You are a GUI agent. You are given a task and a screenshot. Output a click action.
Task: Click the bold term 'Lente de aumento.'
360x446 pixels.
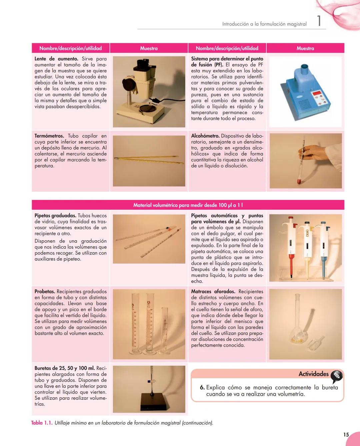coord(56,59)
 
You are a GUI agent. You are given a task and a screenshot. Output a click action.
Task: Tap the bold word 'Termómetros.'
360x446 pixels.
coord(49,136)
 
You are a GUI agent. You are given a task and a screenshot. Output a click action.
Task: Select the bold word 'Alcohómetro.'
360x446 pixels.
coord(205,136)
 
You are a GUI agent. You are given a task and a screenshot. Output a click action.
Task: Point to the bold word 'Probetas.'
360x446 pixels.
coord(45,292)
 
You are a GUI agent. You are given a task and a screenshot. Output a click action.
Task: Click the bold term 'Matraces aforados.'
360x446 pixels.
coord(213,292)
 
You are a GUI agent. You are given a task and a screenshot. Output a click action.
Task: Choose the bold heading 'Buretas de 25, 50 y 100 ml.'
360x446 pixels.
coord(65,368)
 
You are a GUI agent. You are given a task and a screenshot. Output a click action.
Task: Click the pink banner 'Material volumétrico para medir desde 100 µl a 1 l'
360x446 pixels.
coord(188,205)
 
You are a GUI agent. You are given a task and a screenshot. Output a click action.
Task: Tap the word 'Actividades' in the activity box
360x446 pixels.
coord(313,374)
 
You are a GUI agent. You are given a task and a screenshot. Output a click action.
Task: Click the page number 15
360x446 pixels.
coord(346,435)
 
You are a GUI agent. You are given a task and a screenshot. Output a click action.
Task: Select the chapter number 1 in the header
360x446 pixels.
coord(319,21)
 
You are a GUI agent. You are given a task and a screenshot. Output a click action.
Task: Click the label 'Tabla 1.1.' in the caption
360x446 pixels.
coord(42,423)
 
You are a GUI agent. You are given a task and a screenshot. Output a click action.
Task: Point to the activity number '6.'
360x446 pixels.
coord(202,388)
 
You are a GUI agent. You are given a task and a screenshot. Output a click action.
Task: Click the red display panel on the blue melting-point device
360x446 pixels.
coord(317,93)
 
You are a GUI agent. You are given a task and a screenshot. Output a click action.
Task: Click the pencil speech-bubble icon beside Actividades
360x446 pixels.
coord(336,376)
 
